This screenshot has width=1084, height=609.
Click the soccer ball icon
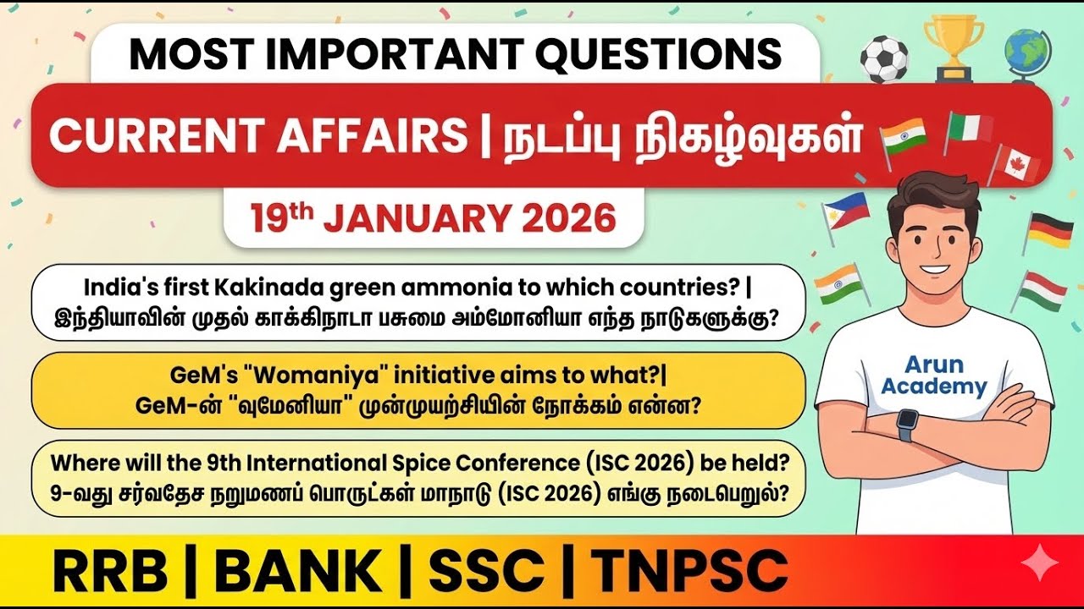point(884,58)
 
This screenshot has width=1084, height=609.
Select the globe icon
point(1027,52)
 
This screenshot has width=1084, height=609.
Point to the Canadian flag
point(1014,164)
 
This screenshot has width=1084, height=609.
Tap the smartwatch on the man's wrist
point(906,423)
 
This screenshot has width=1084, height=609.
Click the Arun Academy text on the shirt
point(934,376)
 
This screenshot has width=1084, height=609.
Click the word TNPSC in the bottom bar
point(690,572)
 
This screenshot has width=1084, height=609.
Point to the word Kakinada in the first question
point(276,288)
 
